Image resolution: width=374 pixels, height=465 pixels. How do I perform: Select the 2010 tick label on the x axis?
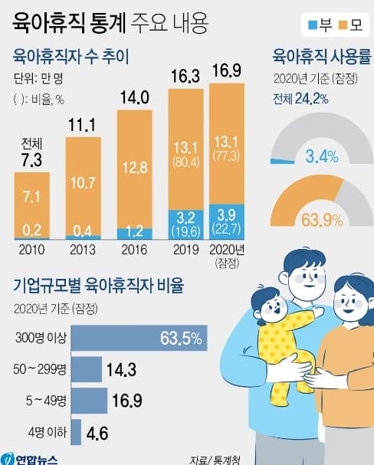coord(31,249)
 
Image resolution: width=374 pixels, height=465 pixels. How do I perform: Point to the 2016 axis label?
coord(133,249)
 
